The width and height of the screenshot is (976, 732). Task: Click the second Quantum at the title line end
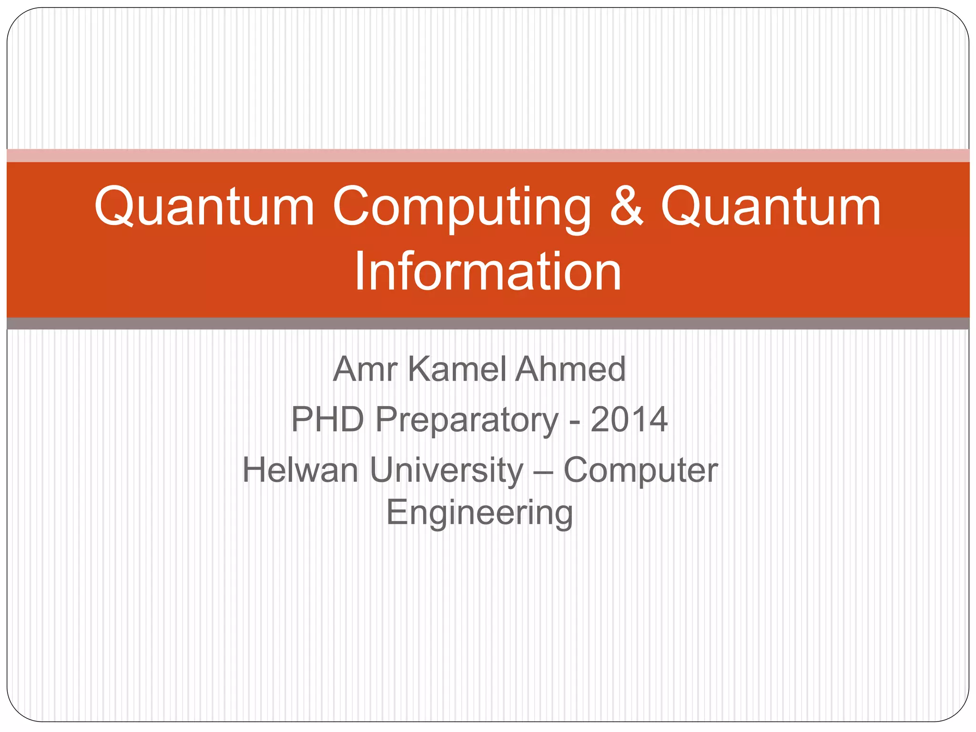pyautogui.click(x=770, y=206)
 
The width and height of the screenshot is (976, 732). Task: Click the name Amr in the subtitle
pyautogui.click(x=365, y=369)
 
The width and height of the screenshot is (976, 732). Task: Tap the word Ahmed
pyautogui.click(x=570, y=369)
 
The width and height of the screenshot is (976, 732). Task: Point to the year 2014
pyautogui.click(x=629, y=419)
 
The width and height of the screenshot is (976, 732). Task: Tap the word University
pyautogui.click(x=447, y=471)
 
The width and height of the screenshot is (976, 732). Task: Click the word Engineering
pyautogui.click(x=479, y=514)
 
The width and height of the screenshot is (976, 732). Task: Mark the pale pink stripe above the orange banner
pyautogui.click(x=488, y=155)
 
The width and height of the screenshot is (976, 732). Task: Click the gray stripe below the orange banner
pyautogui.click(x=488, y=324)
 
